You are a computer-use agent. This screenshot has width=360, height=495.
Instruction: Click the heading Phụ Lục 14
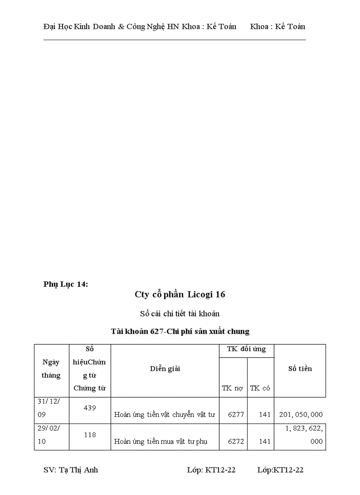coord(66,284)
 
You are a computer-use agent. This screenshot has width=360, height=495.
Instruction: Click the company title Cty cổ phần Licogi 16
coord(180,294)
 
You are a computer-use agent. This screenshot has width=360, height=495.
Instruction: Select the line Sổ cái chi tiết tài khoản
coord(180,314)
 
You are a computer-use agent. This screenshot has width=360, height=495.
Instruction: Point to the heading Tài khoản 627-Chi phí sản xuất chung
coord(180,331)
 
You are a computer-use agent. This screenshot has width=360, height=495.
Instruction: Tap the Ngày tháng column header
coord(51,369)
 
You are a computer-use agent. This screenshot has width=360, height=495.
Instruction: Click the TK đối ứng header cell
coord(246,349)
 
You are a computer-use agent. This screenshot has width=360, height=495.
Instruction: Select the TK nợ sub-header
coord(232,388)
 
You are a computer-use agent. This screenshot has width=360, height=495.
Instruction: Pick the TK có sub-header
coord(260,388)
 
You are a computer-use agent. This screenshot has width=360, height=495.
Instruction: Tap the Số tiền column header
coord(300,369)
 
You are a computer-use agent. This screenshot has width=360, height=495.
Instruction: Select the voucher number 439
coord(90,408)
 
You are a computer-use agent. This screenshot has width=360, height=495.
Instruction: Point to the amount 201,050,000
coord(301,414)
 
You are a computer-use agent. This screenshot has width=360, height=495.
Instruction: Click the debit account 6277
coord(236,414)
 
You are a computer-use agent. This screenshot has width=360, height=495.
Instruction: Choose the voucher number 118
coord(90,435)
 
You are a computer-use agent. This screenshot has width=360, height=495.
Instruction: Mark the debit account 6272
coord(236,441)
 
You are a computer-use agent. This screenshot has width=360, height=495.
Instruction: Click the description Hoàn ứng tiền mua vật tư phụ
coord(161,441)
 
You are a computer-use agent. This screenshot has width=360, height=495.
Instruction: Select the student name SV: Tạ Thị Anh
coord(71,470)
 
